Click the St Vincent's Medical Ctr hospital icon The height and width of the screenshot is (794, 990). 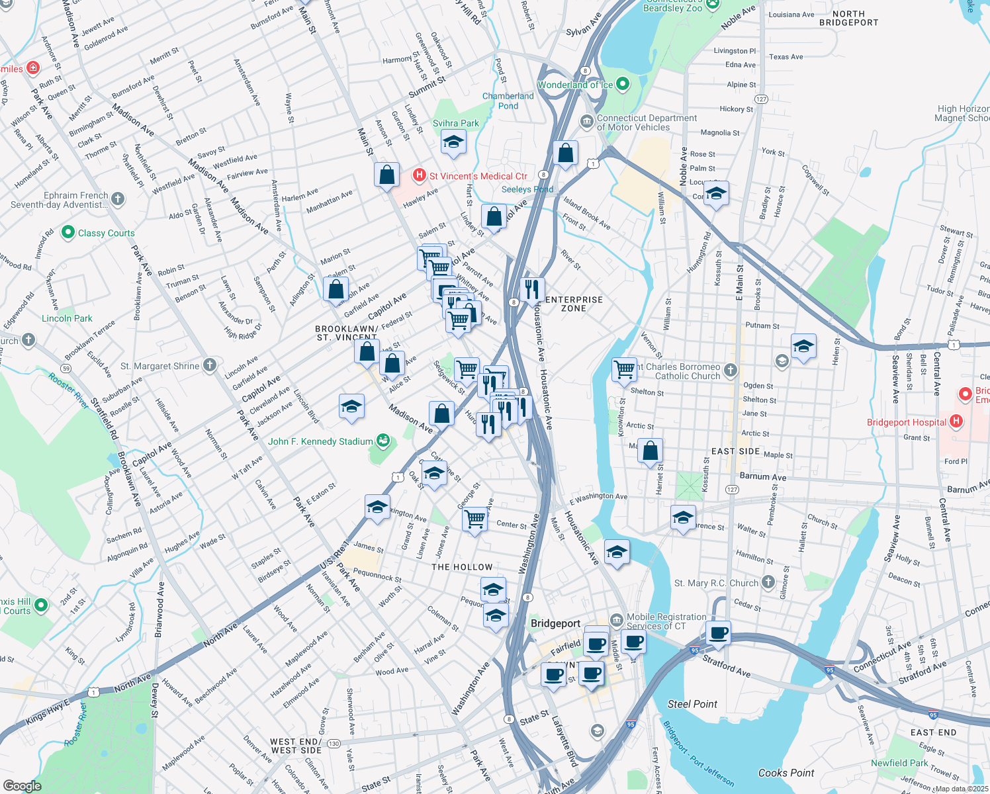418,175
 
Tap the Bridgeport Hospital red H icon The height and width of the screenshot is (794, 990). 956,421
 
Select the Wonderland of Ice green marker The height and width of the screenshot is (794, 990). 623,84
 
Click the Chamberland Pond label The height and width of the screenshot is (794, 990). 508,101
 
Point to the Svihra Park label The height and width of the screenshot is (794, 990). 455,123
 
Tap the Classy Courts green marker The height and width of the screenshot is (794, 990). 68,232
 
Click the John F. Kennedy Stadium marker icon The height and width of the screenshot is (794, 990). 382,441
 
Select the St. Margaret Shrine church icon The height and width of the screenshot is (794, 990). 209,365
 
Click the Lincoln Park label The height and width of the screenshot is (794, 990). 67,318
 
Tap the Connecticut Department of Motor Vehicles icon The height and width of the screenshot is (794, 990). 586,122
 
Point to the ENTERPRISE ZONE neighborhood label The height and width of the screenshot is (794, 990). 574,304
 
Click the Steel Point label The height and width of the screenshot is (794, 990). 692,704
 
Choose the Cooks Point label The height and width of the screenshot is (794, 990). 786,773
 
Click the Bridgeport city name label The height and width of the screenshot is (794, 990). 555,623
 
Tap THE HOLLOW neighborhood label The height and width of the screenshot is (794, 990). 462,567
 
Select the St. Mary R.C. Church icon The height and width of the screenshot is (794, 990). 768,582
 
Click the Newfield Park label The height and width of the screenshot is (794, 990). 899,763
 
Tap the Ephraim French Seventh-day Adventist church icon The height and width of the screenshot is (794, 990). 118,198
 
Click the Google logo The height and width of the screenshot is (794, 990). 22,785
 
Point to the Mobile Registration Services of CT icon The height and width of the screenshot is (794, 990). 616,621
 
